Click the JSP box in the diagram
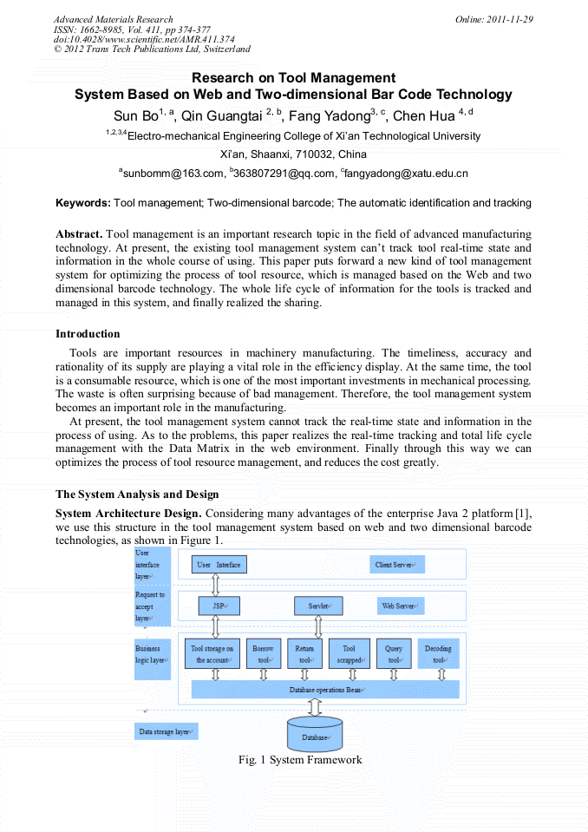219,606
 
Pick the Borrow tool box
263,653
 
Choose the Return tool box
304,653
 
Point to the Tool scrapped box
350,653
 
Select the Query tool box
395,653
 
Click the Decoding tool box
438,653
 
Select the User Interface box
219,565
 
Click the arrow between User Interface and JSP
216,585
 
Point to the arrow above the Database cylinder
315,706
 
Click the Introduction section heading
88,334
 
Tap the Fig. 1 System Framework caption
300,760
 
